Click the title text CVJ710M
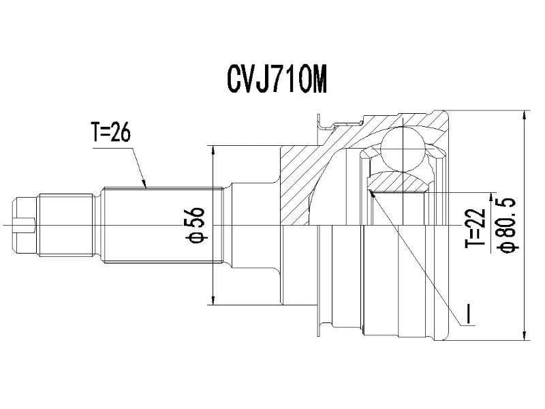click(x=277, y=80)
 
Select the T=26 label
click(x=110, y=133)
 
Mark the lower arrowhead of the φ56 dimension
click(x=215, y=299)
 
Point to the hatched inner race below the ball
click(x=399, y=181)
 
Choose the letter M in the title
click(x=318, y=80)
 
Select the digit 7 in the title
click(x=276, y=80)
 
